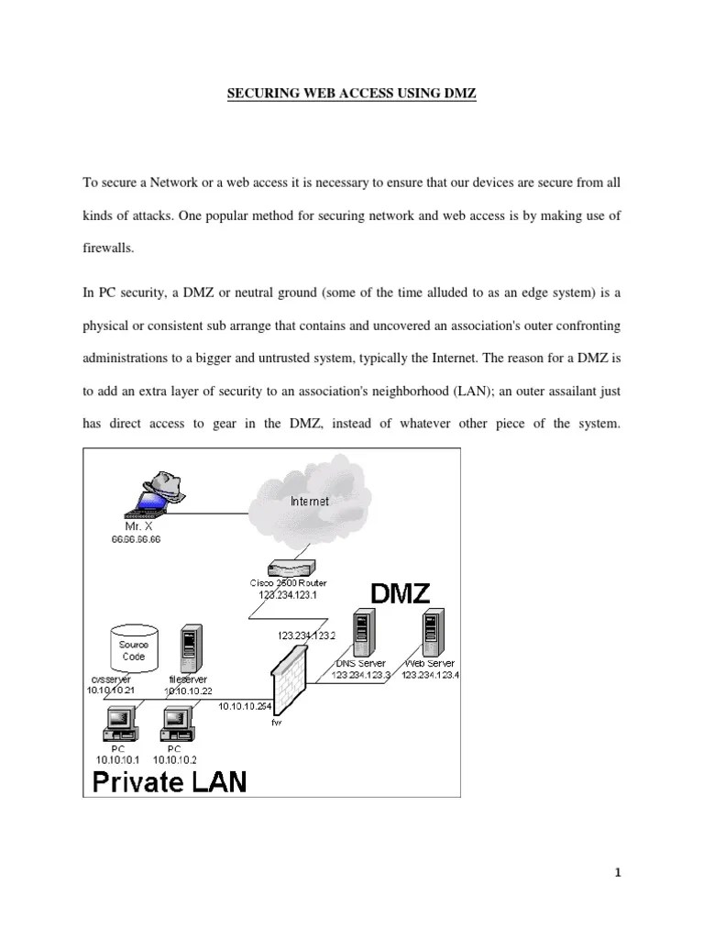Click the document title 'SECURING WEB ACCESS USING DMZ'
click(x=352, y=94)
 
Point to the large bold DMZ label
click(x=400, y=593)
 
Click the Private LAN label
click(x=167, y=779)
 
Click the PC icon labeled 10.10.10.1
click(x=120, y=724)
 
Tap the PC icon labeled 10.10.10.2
click(x=176, y=724)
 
